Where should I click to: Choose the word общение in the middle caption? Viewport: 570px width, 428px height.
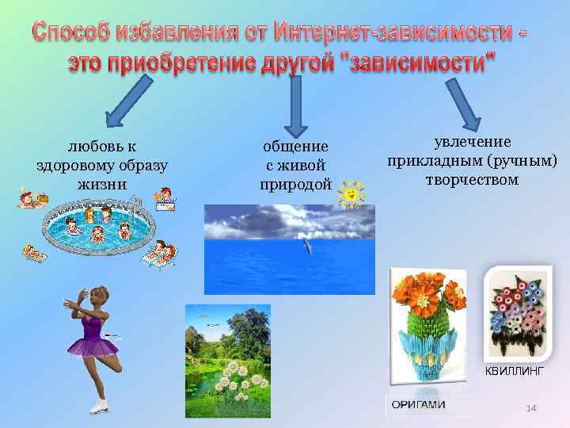coord(294,146)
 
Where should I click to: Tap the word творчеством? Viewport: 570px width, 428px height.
coord(471,180)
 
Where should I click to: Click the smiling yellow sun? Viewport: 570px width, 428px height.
coord(351,193)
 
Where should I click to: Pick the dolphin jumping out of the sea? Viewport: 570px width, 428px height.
coord(306,248)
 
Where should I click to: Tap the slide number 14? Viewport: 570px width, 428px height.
coord(531,407)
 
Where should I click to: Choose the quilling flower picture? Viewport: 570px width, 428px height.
coord(519,313)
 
